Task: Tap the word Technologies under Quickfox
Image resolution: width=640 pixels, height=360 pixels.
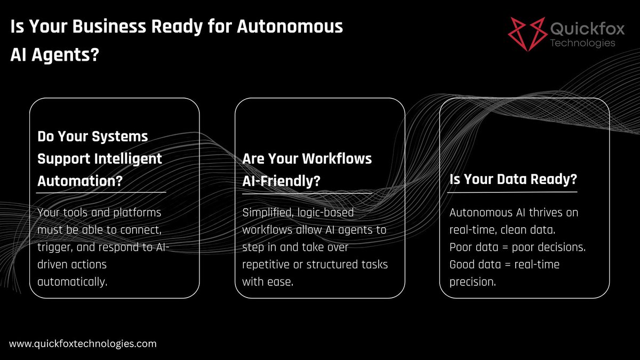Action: tap(582, 43)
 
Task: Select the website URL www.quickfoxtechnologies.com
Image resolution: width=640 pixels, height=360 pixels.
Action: tap(83, 344)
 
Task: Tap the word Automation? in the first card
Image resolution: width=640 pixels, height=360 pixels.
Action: tap(80, 180)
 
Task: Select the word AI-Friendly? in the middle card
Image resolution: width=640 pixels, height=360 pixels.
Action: tap(282, 180)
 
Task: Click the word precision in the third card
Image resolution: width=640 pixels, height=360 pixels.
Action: tap(473, 282)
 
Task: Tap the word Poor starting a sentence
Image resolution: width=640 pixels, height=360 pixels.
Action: tap(460, 247)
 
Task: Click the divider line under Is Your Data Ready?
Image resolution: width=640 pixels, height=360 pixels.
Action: tap(514, 192)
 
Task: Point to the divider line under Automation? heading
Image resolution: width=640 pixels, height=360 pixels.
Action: tap(101, 192)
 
